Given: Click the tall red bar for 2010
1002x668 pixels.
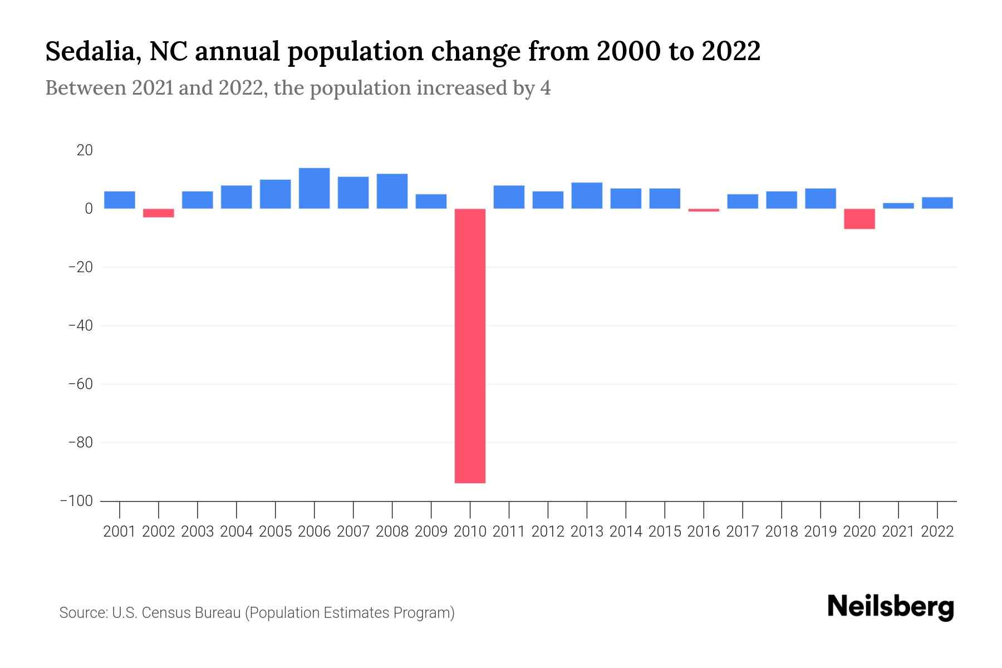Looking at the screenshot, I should coord(470,346).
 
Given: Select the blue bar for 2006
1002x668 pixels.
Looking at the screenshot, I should coord(315,188).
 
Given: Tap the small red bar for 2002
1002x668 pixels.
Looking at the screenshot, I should coord(159,213).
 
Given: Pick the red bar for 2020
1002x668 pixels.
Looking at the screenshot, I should coord(859,219).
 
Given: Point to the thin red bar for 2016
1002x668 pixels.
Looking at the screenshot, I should coord(704,210).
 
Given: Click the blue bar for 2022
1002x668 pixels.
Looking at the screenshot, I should coord(937,203).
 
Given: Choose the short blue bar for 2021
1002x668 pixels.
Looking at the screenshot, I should coord(898,205).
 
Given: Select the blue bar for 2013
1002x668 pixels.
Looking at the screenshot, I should coord(587,195).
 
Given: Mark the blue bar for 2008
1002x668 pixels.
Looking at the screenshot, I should coord(392,191).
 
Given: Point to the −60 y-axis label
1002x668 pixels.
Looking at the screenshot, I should coord(80,384).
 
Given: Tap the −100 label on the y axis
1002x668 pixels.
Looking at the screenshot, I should coord(76,501).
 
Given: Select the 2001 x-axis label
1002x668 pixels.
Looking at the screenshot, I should coord(120,532).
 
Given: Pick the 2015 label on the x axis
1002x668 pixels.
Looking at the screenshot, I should coord(665,532).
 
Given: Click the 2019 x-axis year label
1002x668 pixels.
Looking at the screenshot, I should coord(821,532).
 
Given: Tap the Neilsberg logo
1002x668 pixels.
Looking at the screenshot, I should coord(891,607).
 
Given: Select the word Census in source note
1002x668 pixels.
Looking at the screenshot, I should coord(166,613).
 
